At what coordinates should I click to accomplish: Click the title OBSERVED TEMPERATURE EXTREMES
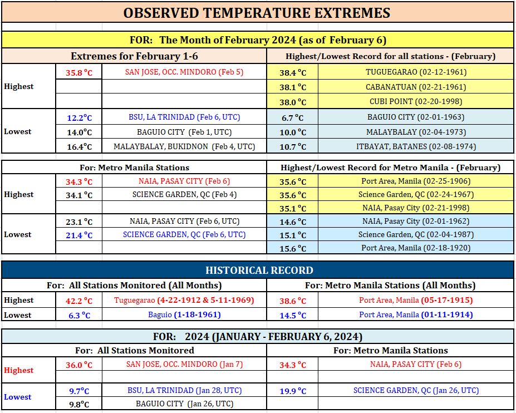[257, 13]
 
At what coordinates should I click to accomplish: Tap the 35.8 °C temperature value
[79, 72]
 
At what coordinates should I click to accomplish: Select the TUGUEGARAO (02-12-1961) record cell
[416, 72]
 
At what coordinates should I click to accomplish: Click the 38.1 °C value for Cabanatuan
[293, 87]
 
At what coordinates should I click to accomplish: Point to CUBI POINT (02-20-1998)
[416, 101]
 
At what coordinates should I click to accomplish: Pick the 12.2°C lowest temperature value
[79, 117]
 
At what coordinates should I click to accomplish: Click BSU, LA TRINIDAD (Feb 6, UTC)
[184, 117]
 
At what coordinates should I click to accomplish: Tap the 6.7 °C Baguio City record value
[293, 117]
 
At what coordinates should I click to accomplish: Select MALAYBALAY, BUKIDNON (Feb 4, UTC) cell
[184, 146]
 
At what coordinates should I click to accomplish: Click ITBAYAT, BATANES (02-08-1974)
[416, 146]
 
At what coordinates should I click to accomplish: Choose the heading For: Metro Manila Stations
[134, 168]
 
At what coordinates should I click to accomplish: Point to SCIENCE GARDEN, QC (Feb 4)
[184, 194]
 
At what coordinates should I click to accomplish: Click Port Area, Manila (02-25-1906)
[416, 181]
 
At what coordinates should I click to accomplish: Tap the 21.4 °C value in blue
[79, 235]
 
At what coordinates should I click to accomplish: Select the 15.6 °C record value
[293, 248]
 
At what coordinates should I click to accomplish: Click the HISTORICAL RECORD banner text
[259, 270]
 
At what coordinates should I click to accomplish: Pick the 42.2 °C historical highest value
[79, 301]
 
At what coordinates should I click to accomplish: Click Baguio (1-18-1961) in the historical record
[184, 314]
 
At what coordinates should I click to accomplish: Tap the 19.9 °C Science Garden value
[293, 391]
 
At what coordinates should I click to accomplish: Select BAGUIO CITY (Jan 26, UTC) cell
[184, 404]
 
